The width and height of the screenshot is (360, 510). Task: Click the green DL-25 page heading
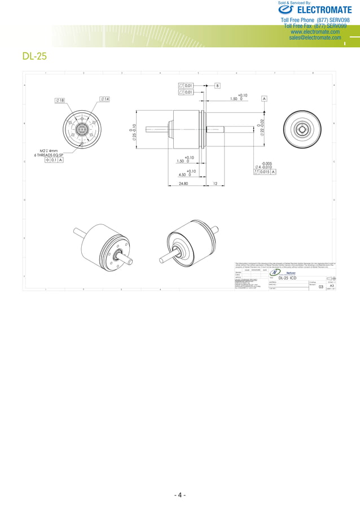coord(34,56)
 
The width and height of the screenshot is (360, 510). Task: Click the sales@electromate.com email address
coord(315,38)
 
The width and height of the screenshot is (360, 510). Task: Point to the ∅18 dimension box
coord(59,100)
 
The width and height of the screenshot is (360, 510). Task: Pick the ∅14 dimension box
coord(104,99)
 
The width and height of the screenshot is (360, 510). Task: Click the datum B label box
coord(217,85)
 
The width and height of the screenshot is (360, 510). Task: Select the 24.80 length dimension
coord(183,184)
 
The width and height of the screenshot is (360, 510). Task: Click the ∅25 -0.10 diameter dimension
coord(133,133)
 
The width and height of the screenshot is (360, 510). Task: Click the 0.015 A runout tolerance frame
coord(265,172)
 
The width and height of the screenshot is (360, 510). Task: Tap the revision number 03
coord(321,287)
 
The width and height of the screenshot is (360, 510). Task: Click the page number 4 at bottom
coord(179,495)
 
